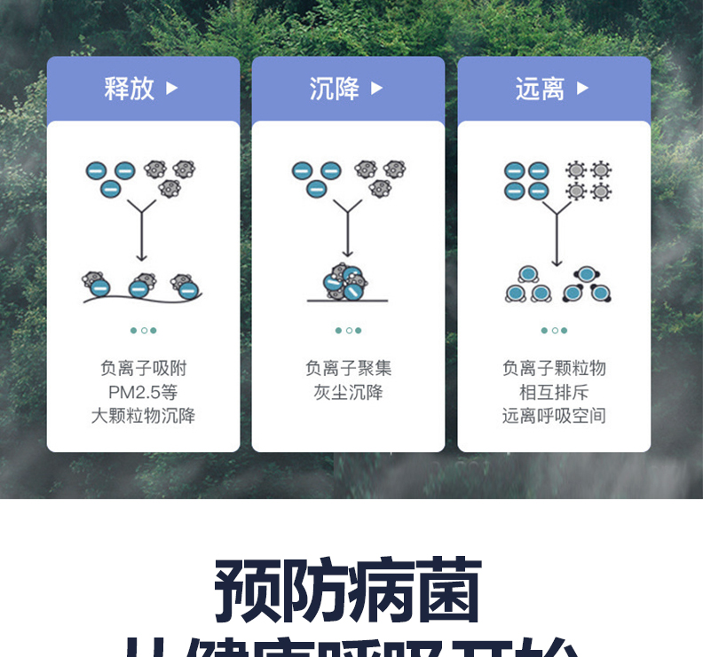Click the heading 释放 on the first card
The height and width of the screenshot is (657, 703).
click(x=130, y=89)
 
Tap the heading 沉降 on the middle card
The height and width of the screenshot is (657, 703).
click(x=335, y=89)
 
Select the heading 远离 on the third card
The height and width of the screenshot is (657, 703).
click(x=540, y=89)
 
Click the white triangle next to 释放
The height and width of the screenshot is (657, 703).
click(x=172, y=89)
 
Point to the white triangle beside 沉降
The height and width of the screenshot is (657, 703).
click(x=377, y=89)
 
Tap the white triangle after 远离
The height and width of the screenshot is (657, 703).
click(x=582, y=89)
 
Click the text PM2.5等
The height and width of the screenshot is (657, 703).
click(x=143, y=392)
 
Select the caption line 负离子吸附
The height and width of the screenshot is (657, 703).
click(x=143, y=368)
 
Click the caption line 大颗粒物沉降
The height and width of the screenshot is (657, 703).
click(x=143, y=416)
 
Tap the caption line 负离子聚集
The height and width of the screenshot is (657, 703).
click(x=348, y=368)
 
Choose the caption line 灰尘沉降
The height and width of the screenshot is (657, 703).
click(x=348, y=392)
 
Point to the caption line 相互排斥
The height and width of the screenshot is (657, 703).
click(x=554, y=392)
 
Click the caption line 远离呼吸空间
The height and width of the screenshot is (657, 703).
click(x=554, y=416)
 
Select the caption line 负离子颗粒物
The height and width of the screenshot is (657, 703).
click(x=554, y=368)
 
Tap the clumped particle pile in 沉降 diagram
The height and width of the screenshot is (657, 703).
click(x=345, y=282)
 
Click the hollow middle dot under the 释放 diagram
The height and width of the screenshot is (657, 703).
click(x=144, y=331)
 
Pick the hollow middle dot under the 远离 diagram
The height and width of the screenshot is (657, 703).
click(x=555, y=331)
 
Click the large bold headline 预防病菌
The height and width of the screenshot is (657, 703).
click(x=348, y=589)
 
